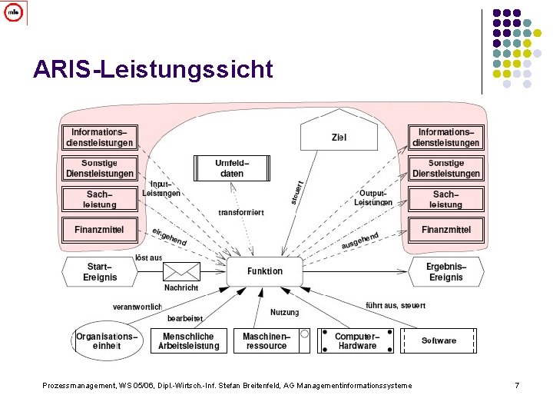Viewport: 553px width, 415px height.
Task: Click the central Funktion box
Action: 264,271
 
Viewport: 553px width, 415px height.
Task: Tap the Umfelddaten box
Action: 231,168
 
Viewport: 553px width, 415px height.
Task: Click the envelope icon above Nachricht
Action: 181,271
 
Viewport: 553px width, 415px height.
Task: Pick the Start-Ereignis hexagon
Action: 100,271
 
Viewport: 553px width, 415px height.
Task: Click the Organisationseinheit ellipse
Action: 107,340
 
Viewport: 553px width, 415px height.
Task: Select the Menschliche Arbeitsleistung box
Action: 188,340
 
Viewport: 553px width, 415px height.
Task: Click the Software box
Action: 439,340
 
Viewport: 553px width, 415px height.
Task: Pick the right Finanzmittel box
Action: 445,229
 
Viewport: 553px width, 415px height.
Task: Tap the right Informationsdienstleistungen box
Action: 445,137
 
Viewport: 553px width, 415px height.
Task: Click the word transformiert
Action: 241,212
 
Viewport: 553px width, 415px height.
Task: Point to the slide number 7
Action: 517,385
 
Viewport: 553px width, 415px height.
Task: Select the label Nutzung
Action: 284,312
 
